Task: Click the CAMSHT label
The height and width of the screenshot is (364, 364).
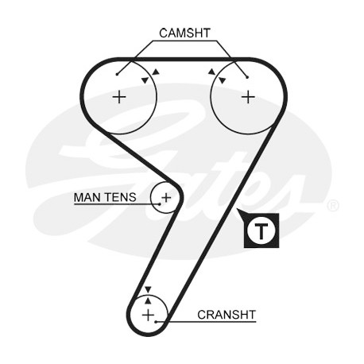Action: pyautogui.click(x=184, y=33)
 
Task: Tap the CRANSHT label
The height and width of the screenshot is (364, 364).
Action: pyautogui.click(x=227, y=315)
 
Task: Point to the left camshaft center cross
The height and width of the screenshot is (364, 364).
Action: pyautogui.click(x=119, y=97)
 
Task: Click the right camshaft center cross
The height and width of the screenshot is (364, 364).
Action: pyautogui.click(x=248, y=97)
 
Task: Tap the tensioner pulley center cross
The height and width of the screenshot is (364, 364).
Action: pyautogui.click(x=166, y=198)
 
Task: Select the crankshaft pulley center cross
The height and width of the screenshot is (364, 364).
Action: pyautogui.click(x=148, y=316)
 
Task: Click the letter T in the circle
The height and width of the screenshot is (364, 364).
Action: pyautogui.click(x=261, y=230)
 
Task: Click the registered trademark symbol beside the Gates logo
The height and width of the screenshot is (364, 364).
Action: pyautogui.click(x=333, y=206)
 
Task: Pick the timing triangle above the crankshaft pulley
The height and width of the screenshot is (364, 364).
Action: pyautogui.click(x=148, y=289)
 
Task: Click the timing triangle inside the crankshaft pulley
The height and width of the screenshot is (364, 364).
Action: pyautogui.click(x=148, y=300)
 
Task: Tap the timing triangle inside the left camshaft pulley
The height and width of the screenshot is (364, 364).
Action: pyautogui.click(x=145, y=80)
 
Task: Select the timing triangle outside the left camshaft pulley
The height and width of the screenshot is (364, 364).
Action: pyautogui.click(x=157, y=72)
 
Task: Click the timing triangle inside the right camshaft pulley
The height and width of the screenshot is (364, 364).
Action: pyautogui.click(x=223, y=80)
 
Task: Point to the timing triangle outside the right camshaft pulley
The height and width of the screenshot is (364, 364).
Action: pyautogui.click(x=211, y=72)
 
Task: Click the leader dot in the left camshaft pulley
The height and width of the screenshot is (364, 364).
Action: pyautogui.click(x=117, y=75)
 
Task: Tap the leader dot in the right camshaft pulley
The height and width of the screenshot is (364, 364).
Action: pyautogui.click(x=247, y=77)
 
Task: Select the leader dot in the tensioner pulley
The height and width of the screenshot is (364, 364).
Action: pyautogui.click(x=159, y=204)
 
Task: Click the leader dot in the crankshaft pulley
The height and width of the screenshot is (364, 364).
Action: pyautogui.click(x=156, y=322)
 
